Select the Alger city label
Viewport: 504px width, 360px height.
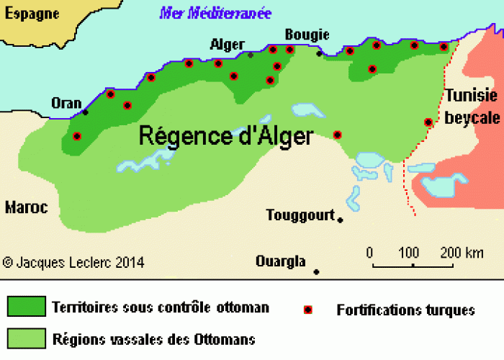tap(227, 45)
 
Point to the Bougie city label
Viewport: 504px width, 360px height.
tap(307, 35)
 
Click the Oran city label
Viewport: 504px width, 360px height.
tap(66, 103)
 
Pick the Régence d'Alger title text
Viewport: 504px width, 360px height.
tap(225, 136)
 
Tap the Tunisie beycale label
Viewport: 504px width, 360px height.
tap(472, 107)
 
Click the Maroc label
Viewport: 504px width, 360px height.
tap(26, 207)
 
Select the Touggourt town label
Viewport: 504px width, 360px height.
tap(300, 215)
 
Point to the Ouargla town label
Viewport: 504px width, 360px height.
tap(281, 261)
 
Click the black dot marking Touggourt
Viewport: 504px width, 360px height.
tap(340, 220)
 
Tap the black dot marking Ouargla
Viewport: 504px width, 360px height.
tap(316, 271)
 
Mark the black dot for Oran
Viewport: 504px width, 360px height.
tap(86, 112)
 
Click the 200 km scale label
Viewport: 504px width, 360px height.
tap(462, 253)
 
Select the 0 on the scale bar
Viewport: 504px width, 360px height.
tap(369, 253)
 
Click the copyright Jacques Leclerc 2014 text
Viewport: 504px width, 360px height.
tap(73, 263)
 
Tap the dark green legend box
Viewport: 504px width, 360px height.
tap(26, 307)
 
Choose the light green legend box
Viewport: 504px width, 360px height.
tap(26, 338)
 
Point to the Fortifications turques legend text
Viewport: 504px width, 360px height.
tap(406, 310)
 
